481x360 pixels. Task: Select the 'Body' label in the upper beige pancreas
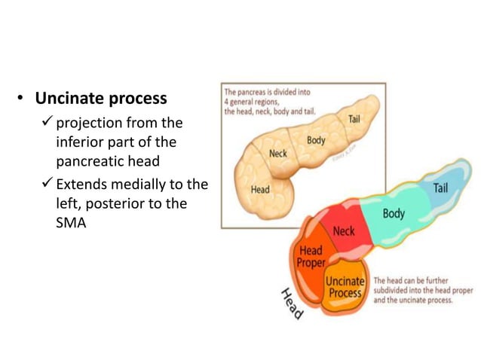[316, 140]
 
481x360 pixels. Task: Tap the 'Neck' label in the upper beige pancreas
[278, 154]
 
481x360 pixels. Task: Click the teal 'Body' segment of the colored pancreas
[393, 213]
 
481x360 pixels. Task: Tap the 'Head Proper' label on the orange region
[311, 256]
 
